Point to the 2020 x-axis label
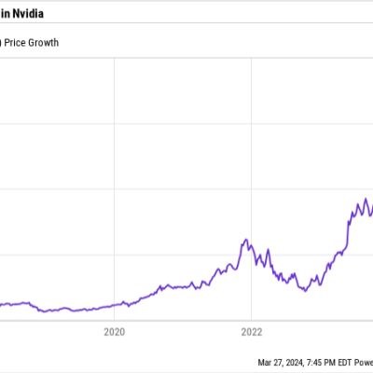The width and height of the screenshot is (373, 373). (x=114, y=330)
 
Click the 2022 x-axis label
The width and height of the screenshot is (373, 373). (x=251, y=330)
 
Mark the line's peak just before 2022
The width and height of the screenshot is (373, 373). (x=245, y=240)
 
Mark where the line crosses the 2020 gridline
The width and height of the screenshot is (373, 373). (x=114, y=305)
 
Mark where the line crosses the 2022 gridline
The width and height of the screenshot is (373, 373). (x=251, y=245)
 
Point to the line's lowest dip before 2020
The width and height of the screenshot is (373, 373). (x=45, y=311)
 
